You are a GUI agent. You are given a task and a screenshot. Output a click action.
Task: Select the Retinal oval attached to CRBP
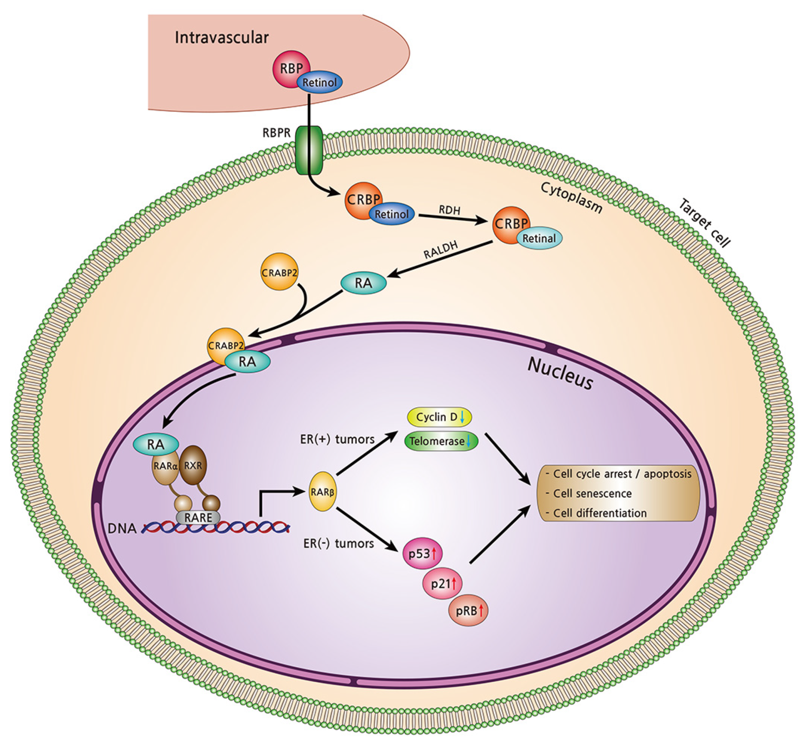click(x=539, y=238)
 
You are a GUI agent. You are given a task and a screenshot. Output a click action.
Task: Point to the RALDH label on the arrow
click(x=440, y=250)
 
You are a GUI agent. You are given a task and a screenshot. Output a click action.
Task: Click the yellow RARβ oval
click(x=322, y=491)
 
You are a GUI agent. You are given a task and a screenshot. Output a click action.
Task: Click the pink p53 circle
click(x=422, y=553)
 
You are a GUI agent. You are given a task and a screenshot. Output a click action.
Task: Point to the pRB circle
click(x=468, y=611)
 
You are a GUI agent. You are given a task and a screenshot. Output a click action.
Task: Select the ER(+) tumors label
click(x=337, y=439)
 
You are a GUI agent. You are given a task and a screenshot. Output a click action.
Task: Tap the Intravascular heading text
click(x=221, y=38)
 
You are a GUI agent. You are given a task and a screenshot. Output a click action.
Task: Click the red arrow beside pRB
click(x=481, y=610)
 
